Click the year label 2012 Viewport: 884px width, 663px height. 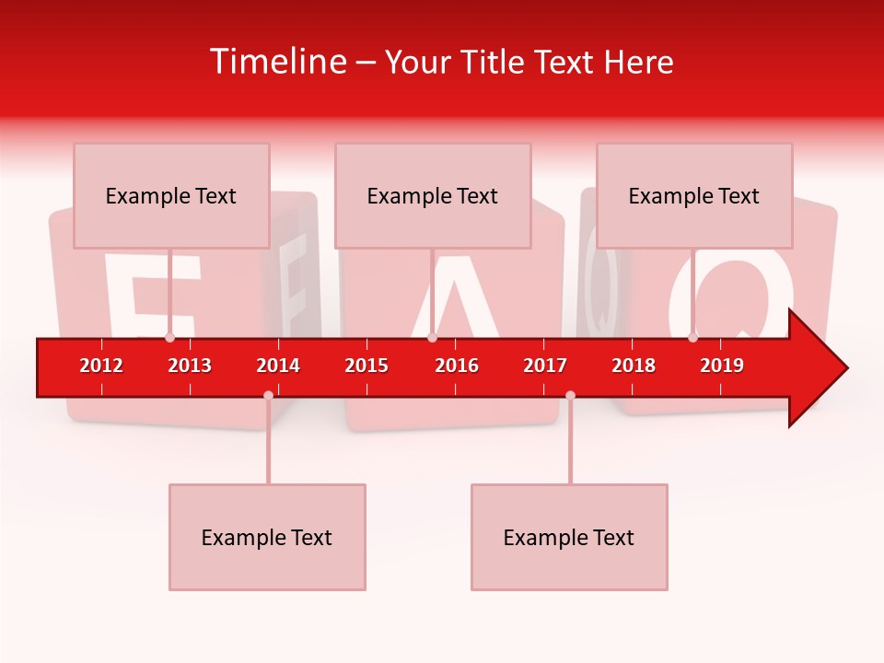(x=101, y=366)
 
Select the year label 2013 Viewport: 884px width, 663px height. (x=190, y=366)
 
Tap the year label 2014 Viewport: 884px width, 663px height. (x=278, y=366)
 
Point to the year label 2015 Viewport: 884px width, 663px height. (x=366, y=366)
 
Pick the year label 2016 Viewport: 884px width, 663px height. (x=457, y=366)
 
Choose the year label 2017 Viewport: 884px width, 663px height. (x=545, y=366)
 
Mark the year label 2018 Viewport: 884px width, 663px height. (x=634, y=366)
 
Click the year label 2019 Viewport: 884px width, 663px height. (x=722, y=366)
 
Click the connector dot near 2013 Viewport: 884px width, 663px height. (x=169, y=338)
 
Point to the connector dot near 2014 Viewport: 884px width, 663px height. (x=268, y=395)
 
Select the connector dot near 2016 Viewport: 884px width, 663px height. (x=432, y=338)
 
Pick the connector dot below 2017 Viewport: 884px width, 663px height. (x=570, y=395)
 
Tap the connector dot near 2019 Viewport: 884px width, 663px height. (x=692, y=338)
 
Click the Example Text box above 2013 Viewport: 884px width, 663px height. (x=171, y=195)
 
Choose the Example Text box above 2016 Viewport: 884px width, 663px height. (x=433, y=195)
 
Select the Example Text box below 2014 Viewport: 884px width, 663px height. (x=267, y=537)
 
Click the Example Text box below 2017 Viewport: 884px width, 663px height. (x=569, y=537)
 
